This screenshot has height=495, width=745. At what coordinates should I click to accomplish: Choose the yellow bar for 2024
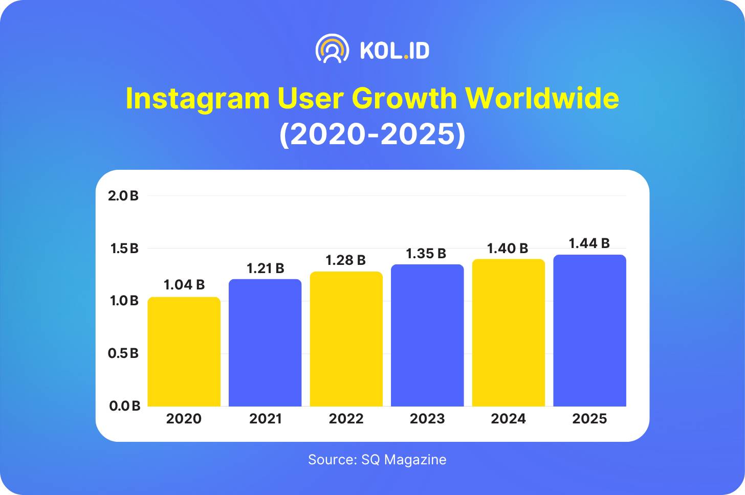(x=509, y=333)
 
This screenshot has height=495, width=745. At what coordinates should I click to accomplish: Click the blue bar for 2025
(x=589, y=331)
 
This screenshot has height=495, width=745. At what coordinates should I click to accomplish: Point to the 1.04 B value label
(x=184, y=285)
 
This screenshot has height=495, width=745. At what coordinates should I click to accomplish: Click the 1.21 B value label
(x=266, y=268)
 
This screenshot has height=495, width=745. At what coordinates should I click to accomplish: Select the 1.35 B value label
(x=426, y=254)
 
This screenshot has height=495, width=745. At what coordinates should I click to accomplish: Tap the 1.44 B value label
(x=589, y=243)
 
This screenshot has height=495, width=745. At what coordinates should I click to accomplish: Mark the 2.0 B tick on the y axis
(x=123, y=196)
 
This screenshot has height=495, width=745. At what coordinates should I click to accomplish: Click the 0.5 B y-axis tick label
(x=123, y=353)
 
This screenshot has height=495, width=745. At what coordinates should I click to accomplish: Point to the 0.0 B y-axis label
(x=124, y=406)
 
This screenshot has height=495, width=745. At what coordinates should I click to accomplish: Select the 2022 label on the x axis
(x=346, y=419)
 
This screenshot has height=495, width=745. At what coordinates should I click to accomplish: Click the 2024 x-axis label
(x=509, y=419)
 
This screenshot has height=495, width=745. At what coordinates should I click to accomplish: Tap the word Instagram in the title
(x=198, y=98)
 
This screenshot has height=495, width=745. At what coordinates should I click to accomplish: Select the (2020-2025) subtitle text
(x=372, y=134)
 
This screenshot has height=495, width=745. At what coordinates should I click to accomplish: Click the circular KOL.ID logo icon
(x=333, y=50)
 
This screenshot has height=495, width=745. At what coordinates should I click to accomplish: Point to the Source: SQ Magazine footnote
(x=377, y=460)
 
